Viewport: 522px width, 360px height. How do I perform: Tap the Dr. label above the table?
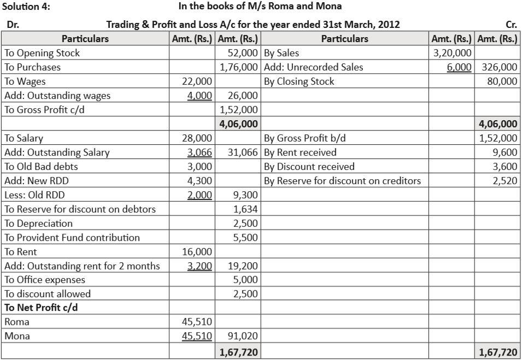click(11, 25)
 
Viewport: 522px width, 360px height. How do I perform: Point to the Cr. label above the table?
click(512, 25)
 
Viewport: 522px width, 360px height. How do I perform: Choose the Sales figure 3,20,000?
click(452, 54)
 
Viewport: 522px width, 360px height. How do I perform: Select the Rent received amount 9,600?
click(506, 152)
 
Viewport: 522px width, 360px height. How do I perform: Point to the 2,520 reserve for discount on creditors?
click(506, 181)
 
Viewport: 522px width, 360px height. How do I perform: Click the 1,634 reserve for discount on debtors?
click(247, 209)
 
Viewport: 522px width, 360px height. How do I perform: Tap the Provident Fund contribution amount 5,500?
click(247, 238)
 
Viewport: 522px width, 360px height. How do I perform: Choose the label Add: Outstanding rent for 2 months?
click(82, 266)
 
